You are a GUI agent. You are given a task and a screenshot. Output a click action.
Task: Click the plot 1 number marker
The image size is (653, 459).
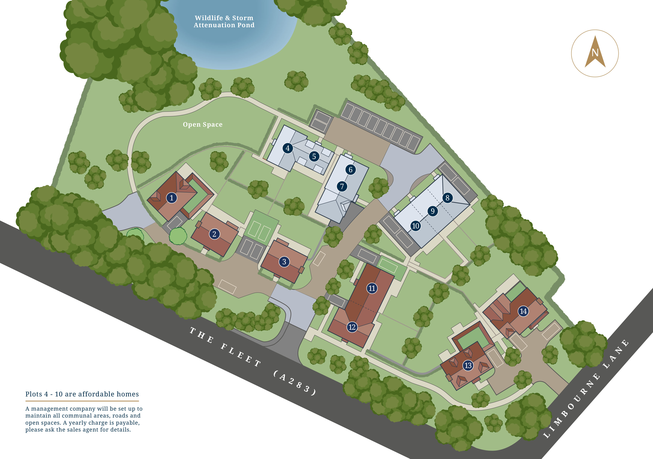pyautogui.click(x=171, y=198)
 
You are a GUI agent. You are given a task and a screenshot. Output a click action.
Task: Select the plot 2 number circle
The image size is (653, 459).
pyautogui.click(x=214, y=234)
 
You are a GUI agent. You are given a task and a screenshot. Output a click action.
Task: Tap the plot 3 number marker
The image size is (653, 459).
pyautogui.click(x=284, y=262)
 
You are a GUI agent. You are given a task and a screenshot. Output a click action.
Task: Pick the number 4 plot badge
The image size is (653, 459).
pyautogui.click(x=287, y=148)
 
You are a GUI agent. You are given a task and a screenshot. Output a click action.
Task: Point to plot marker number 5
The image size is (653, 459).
pyautogui.click(x=314, y=156)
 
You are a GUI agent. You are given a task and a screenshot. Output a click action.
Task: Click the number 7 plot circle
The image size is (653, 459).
pyautogui.click(x=342, y=187)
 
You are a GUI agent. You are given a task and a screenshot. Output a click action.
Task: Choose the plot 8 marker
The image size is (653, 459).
pyautogui.click(x=447, y=198)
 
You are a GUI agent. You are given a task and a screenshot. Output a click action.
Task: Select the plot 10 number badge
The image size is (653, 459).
pyautogui.click(x=416, y=226)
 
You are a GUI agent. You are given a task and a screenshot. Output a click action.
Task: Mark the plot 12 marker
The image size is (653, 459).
pyautogui.click(x=352, y=327)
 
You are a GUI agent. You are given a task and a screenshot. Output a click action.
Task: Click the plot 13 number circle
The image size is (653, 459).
pyautogui.click(x=468, y=365)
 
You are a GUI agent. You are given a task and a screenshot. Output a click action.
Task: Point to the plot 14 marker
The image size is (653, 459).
pyautogui.click(x=523, y=311)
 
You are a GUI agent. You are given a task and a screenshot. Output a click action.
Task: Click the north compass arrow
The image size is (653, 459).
pyautogui.click(x=595, y=53)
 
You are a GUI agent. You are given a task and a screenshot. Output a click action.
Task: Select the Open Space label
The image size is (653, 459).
pyautogui.click(x=202, y=125)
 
